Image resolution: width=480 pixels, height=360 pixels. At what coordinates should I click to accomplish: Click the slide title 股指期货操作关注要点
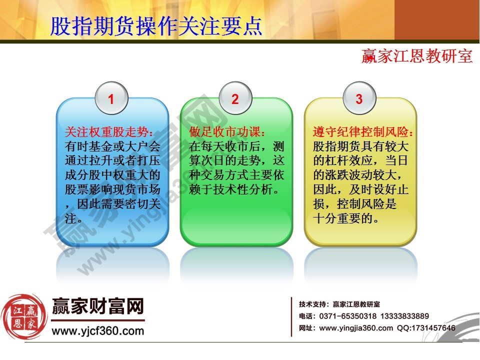[156, 26]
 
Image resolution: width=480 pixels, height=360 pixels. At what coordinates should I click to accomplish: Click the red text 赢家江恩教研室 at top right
[417, 56]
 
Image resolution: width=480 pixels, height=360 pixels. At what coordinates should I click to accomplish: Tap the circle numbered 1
[111, 99]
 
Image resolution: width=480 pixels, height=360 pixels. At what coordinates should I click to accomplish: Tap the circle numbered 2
[235, 99]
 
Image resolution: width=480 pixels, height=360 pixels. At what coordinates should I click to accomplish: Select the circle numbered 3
[359, 99]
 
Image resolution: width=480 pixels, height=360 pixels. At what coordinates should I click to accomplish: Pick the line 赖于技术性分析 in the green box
[233, 190]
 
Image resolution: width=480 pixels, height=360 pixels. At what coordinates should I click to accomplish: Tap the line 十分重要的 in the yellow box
[345, 219]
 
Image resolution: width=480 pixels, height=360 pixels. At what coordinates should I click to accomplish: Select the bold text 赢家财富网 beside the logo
[98, 306]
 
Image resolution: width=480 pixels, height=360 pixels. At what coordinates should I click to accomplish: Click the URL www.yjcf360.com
[98, 330]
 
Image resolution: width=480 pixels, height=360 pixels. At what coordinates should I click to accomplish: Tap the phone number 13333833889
[404, 316]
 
